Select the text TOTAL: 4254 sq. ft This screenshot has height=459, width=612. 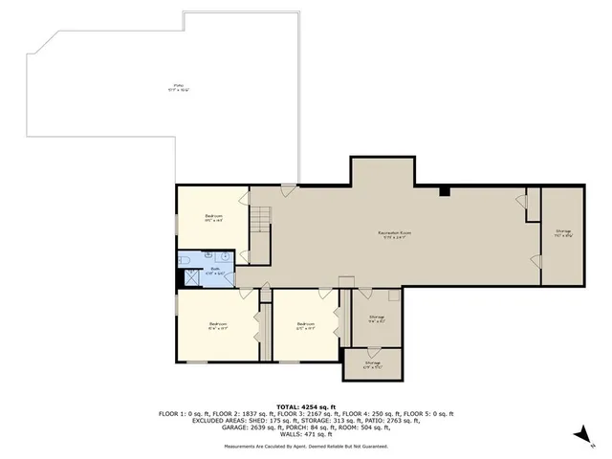click(x=306, y=406)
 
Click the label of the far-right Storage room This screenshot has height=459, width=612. click(x=563, y=232)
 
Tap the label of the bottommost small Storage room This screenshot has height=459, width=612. click(x=372, y=363)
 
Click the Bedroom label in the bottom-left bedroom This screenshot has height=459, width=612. click(x=218, y=324)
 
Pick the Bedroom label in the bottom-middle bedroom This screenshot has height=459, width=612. click(x=305, y=324)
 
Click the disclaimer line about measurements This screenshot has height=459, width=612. click(x=306, y=447)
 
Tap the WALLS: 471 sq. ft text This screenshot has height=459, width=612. click(x=306, y=434)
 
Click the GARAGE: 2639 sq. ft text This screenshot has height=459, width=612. click(x=195, y=427)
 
